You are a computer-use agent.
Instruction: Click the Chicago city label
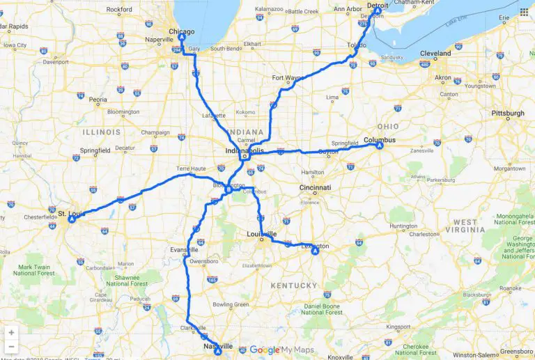(x=182, y=31)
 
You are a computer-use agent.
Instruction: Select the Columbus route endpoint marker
(x=379, y=146)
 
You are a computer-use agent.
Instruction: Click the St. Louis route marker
(x=72, y=219)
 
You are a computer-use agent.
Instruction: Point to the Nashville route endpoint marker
(x=218, y=352)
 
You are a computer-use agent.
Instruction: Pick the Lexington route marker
(x=315, y=251)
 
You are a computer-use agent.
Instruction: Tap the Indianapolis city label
(x=245, y=150)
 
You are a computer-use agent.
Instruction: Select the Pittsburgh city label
(x=508, y=113)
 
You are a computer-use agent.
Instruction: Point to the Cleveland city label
(x=435, y=53)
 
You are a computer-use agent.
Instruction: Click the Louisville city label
(x=261, y=233)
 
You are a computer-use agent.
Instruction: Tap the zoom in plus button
(x=10, y=333)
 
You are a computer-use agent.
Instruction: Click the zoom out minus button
(x=10, y=347)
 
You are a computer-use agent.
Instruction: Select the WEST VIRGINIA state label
(x=466, y=227)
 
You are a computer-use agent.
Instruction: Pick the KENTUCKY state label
(x=295, y=285)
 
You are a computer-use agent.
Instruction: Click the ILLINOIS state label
(x=102, y=132)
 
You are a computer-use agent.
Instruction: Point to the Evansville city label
(x=183, y=249)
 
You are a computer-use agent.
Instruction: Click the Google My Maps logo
(x=281, y=350)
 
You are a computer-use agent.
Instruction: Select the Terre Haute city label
(x=192, y=169)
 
